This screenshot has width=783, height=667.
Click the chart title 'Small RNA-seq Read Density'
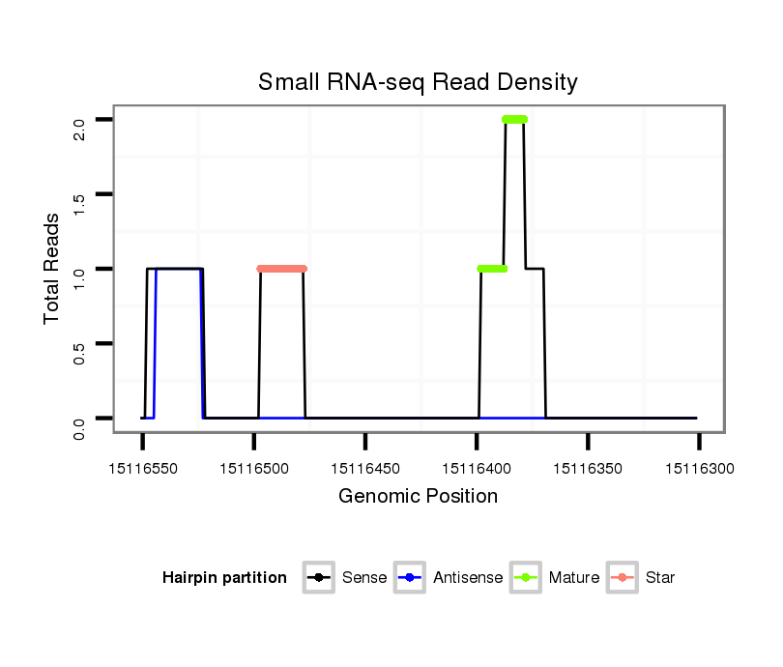coord(418,82)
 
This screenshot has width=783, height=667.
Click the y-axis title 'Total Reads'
coord(52,268)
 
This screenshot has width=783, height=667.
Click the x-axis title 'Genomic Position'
coord(418,497)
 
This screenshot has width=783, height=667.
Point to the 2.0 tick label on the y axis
coord(79,120)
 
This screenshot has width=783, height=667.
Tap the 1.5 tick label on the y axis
coord(79,194)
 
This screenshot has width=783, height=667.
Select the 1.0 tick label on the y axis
coord(79,269)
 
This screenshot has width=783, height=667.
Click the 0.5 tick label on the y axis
coord(79,343)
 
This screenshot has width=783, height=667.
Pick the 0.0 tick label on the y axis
coord(79,419)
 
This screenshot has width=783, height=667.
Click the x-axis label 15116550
coord(142,469)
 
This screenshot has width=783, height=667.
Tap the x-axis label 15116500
coord(253,469)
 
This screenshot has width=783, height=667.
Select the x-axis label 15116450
coord(365,469)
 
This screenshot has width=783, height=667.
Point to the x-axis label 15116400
coord(477,469)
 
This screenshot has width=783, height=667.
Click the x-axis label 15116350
coord(588,469)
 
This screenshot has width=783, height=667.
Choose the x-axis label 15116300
coord(699,469)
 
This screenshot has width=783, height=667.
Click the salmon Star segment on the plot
coord(281,269)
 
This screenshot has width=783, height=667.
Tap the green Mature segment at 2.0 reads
coord(514,120)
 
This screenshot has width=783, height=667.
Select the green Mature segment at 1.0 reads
coord(492,269)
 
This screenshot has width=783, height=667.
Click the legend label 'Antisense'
coord(468,578)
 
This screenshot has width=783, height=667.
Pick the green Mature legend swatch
coord(526,578)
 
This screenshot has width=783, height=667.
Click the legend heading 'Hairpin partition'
coord(224,578)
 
